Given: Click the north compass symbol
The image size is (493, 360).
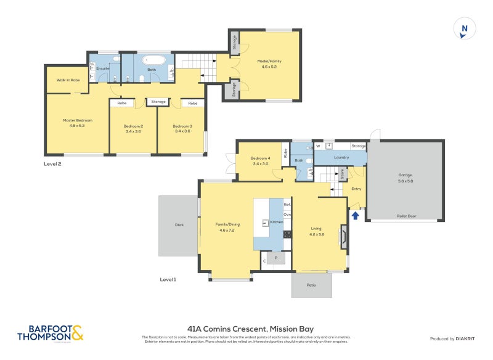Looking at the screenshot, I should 465,29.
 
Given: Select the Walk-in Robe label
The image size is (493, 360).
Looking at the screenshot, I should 68,80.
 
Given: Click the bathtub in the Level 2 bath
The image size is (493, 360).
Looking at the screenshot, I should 152,61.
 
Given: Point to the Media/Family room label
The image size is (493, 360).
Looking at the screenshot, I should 269,61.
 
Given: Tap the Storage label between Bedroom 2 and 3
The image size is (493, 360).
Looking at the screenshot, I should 158,101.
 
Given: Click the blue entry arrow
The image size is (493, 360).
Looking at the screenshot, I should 356,215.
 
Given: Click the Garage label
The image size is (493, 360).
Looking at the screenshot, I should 405,175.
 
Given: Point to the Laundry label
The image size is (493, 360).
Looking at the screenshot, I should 341,157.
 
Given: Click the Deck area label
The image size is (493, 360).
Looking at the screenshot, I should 179,224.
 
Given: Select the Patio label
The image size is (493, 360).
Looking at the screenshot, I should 311,285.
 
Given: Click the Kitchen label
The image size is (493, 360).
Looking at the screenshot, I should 276,221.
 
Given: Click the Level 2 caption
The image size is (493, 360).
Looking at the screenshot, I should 52,164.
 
